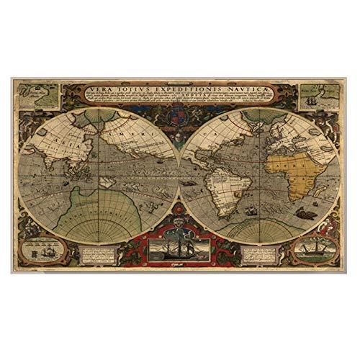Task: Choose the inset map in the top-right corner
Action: pyautogui.click(x=318, y=95)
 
